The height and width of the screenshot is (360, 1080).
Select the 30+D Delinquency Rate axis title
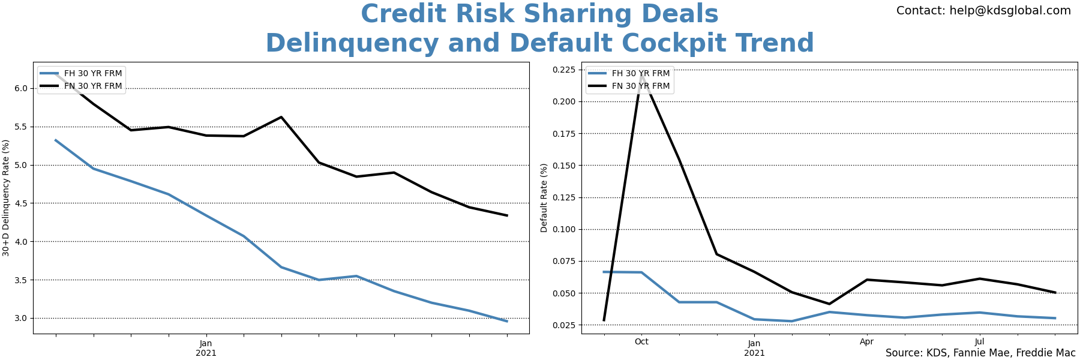coord(6,198)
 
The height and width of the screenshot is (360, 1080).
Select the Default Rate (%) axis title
coord(544,198)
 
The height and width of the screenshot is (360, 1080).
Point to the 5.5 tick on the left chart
coord(20,127)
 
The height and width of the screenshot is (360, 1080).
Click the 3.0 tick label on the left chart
coord(20,319)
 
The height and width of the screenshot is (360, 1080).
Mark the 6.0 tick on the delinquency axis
coord(20,89)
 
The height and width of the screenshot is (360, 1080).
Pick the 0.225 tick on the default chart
coord(563,70)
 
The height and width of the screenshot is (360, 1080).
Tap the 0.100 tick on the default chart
coord(563,230)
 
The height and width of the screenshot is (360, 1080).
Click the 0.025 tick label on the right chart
coord(563,325)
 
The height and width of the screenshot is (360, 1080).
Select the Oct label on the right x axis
coord(641,342)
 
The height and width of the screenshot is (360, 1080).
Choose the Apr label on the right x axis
coord(866,342)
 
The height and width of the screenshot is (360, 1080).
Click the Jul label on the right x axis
coord(979,342)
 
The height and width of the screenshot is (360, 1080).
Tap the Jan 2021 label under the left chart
coord(206,348)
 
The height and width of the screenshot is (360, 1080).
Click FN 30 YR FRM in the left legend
coord(93,86)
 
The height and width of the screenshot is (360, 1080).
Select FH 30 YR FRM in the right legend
coord(641,74)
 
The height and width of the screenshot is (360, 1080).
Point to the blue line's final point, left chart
coord(507,321)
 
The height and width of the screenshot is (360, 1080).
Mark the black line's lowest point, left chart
coord(507,215)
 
